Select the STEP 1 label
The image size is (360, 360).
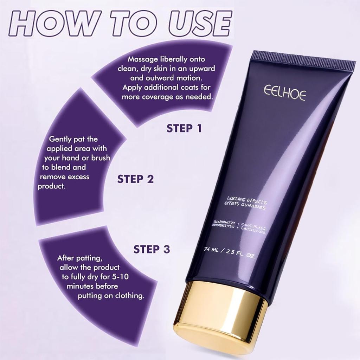184,128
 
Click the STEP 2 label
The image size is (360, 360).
135,179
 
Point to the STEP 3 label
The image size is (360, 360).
152,249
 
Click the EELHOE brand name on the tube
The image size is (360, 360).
285,94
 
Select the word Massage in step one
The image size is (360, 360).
142,59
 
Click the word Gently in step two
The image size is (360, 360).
63,139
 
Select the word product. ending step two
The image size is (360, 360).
52,186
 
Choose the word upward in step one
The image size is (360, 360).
201,69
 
